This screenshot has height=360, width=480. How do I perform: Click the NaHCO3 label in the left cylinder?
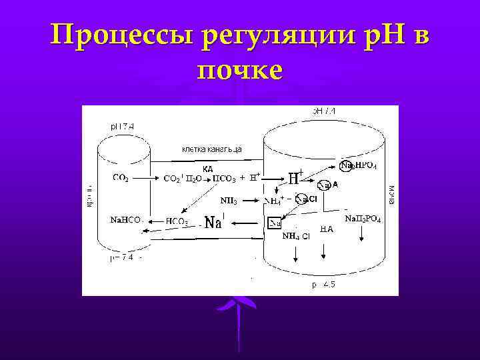click(124, 219)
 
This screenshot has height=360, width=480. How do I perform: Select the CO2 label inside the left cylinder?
click(121, 177)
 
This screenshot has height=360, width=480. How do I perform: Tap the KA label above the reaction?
click(207, 169)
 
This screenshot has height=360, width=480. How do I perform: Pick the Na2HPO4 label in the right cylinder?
click(359, 165)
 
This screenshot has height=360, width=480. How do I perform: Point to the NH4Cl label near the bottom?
click(296, 236)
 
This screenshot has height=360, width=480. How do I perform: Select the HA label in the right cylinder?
click(327, 229)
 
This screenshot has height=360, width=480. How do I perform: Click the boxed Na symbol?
click(275, 223)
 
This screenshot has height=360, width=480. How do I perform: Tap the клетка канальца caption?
click(211, 149)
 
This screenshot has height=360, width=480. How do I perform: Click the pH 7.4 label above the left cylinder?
click(123, 125)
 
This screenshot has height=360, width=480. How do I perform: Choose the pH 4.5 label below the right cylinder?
click(323, 285)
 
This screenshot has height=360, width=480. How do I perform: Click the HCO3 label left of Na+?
click(177, 221)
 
